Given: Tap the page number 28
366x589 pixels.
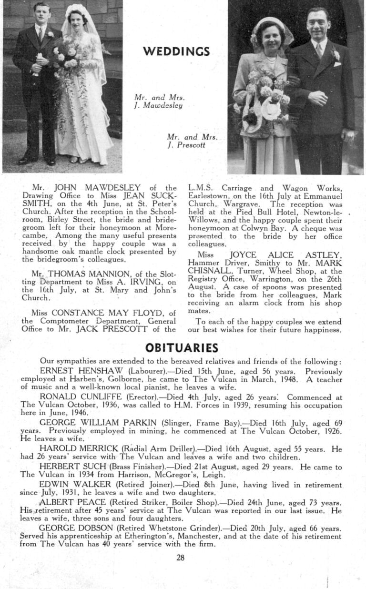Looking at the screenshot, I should pyautogui.click(x=180, y=558).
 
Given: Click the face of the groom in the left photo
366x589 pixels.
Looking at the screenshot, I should pyautogui.click(x=41, y=15).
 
